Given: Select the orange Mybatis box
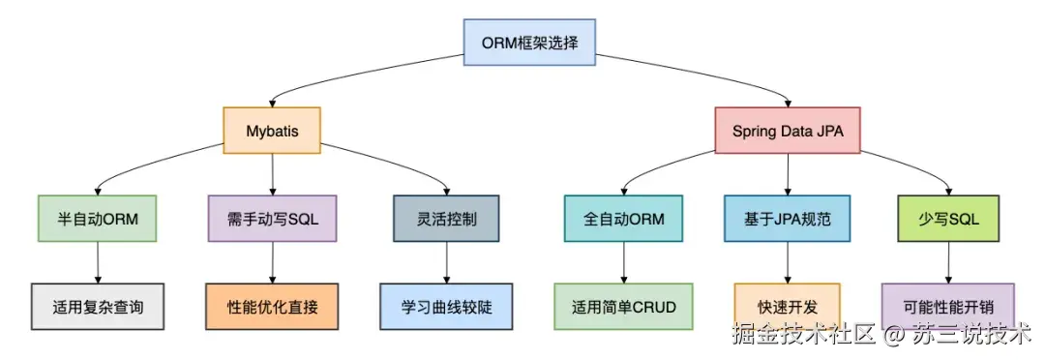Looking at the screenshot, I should pyautogui.click(x=272, y=131).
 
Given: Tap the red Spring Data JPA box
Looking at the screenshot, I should pyautogui.click(x=787, y=131).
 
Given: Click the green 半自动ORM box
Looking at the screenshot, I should pyautogui.click(x=97, y=219).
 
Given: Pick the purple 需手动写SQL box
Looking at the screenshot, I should pyautogui.click(x=272, y=219).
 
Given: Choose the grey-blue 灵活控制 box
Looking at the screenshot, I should pyautogui.click(x=446, y=219).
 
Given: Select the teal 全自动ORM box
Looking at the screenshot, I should pyautogui.click(x=624, y=219).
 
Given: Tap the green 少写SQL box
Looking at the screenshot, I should pyautogui.click(x=948, y=219).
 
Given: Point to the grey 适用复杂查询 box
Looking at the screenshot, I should pyautogui.click(x=97, y=307).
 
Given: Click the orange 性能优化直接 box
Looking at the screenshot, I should pyautogui.click(x=272, y=307).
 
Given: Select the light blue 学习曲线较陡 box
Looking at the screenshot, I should pyautogui.click(x=446, y=307).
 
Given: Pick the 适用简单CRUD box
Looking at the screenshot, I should pyautogui.click(x=624, y=307).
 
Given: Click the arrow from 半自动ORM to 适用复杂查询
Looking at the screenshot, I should pyautogui.click(x=97, y=262).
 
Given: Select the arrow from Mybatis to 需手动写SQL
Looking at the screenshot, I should pyautogui.click(x=272, y=174).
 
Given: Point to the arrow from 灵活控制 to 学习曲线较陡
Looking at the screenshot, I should pyautogui.click(x=446, y=262).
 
